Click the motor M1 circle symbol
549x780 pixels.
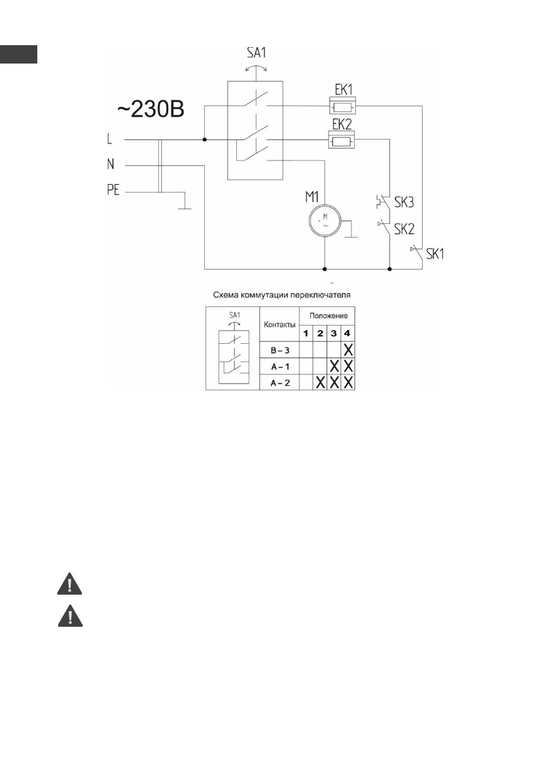325,219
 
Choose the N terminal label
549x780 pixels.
109,165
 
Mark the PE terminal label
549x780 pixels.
111,192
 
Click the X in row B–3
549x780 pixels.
349,348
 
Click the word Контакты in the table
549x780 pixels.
279,324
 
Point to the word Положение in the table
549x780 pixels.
328,316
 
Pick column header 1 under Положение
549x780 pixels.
306,332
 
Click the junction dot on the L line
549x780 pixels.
204,139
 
